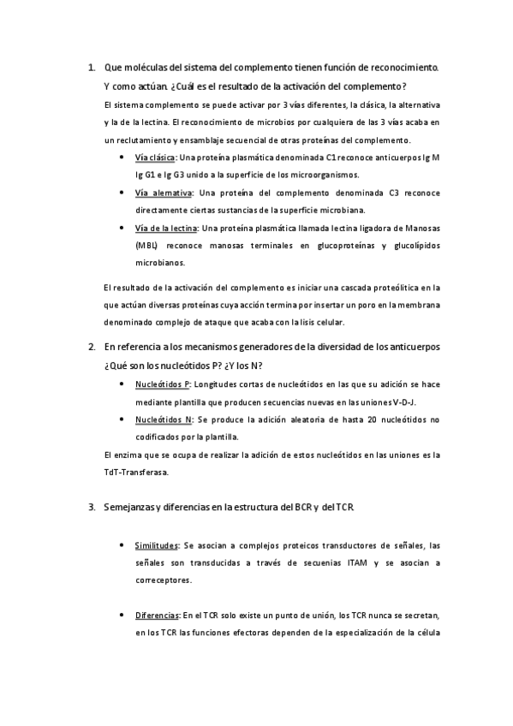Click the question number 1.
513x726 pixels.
pos(92,67)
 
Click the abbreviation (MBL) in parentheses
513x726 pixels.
pos(146,246)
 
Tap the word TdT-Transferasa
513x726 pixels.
pos(135,472)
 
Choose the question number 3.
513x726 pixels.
pos(92,507)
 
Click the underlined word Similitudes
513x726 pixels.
pos(157,545)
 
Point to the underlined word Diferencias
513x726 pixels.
pos(157,616)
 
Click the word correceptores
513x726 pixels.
pos(164,580)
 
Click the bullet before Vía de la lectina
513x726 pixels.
pos(126,228)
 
